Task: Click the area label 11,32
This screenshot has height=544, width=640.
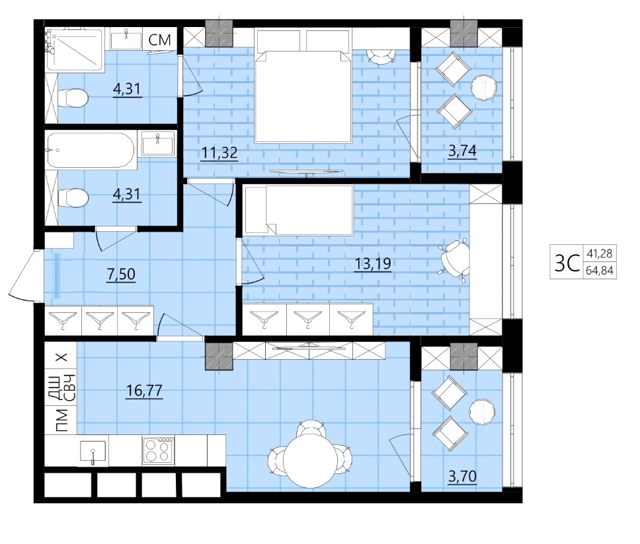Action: (220, 153)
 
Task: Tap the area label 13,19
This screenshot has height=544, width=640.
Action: (373, 263)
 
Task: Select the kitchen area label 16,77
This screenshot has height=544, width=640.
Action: (145, 391)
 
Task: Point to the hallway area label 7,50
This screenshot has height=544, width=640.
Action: (121, 274)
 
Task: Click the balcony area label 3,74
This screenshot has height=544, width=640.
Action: (462, 151)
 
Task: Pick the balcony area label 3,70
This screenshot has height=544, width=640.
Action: (462, 476)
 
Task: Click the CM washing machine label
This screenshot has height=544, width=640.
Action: (159, 40)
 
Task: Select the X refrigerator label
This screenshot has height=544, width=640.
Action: (61, 357)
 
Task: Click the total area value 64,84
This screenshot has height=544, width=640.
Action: (600, 270)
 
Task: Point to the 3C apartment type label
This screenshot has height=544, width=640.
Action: (567, 262)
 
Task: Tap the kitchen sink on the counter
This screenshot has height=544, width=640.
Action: (93, 453)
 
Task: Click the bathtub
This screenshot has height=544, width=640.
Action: (91, 150)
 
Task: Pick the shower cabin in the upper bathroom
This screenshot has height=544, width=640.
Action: (74, 50)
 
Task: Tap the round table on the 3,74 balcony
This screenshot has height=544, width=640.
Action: (484, 87)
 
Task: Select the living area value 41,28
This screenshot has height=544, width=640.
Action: (600, 254)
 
